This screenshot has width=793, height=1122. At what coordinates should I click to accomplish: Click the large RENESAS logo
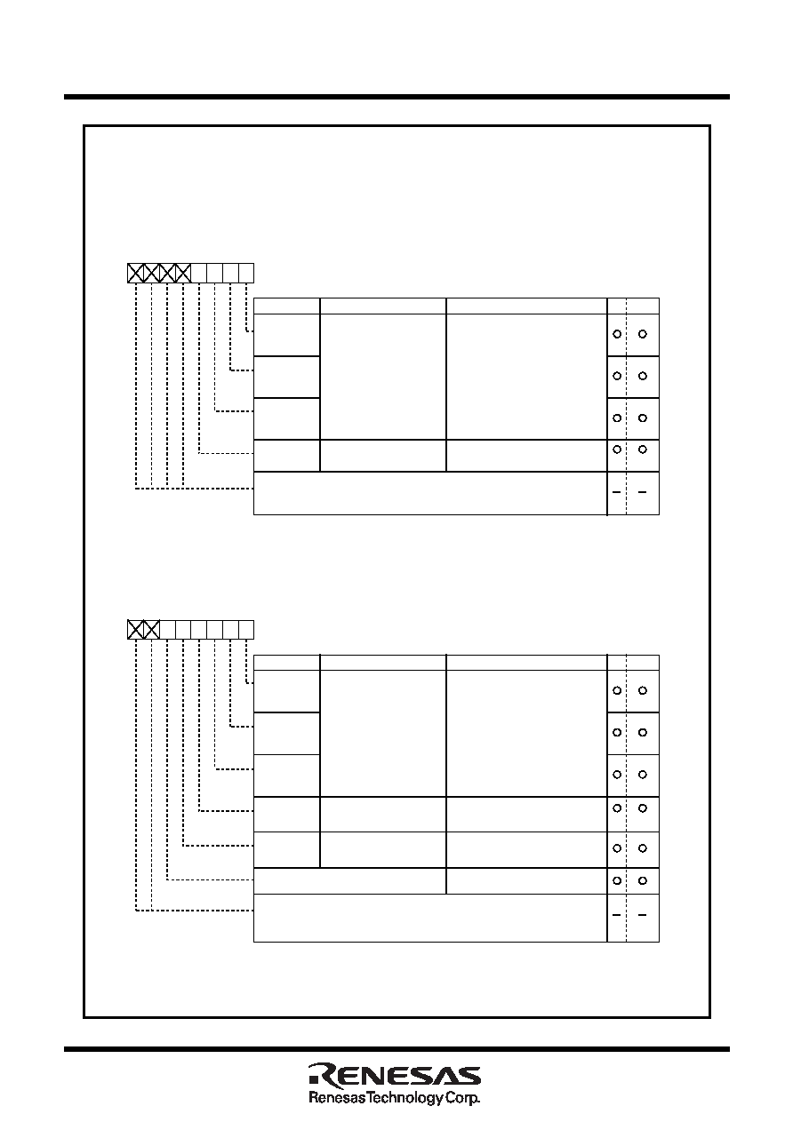click(x=395, y=1075)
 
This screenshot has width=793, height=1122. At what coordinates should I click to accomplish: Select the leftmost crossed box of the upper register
click(x=135, y=273)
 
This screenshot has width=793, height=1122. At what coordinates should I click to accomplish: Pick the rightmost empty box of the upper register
click(x=246, y=273)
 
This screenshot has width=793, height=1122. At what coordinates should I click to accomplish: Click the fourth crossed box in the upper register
click(x=183, y=273)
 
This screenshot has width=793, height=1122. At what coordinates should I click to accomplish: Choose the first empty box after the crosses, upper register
click(x=199, y=273)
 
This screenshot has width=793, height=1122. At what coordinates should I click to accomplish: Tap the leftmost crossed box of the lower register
click(x=135, y=630)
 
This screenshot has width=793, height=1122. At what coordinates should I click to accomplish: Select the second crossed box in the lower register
click(x=151, y=630)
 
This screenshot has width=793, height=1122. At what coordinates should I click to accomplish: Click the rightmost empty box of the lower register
click(x=246, y=630)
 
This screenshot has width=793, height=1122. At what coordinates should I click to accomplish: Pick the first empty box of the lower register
click(x=167, y=630)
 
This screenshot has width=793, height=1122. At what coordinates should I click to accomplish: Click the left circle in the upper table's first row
click(x=617, y=334)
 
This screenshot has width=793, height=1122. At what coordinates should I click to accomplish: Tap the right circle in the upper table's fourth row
click(x=643, y=450)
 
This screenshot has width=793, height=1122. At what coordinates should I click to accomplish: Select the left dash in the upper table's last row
click(x=617, y=492)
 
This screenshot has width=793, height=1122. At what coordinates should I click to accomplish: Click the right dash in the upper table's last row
click(x=642, y=492)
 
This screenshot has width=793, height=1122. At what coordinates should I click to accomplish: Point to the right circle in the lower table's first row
click(x=643, y=690)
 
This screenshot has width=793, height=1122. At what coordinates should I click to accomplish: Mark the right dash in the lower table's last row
click(x=642, y=915)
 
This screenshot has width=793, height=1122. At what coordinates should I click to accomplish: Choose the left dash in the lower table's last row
click(x=617, y=915)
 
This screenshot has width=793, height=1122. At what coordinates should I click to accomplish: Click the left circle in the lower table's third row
click(x=617, y=775)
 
